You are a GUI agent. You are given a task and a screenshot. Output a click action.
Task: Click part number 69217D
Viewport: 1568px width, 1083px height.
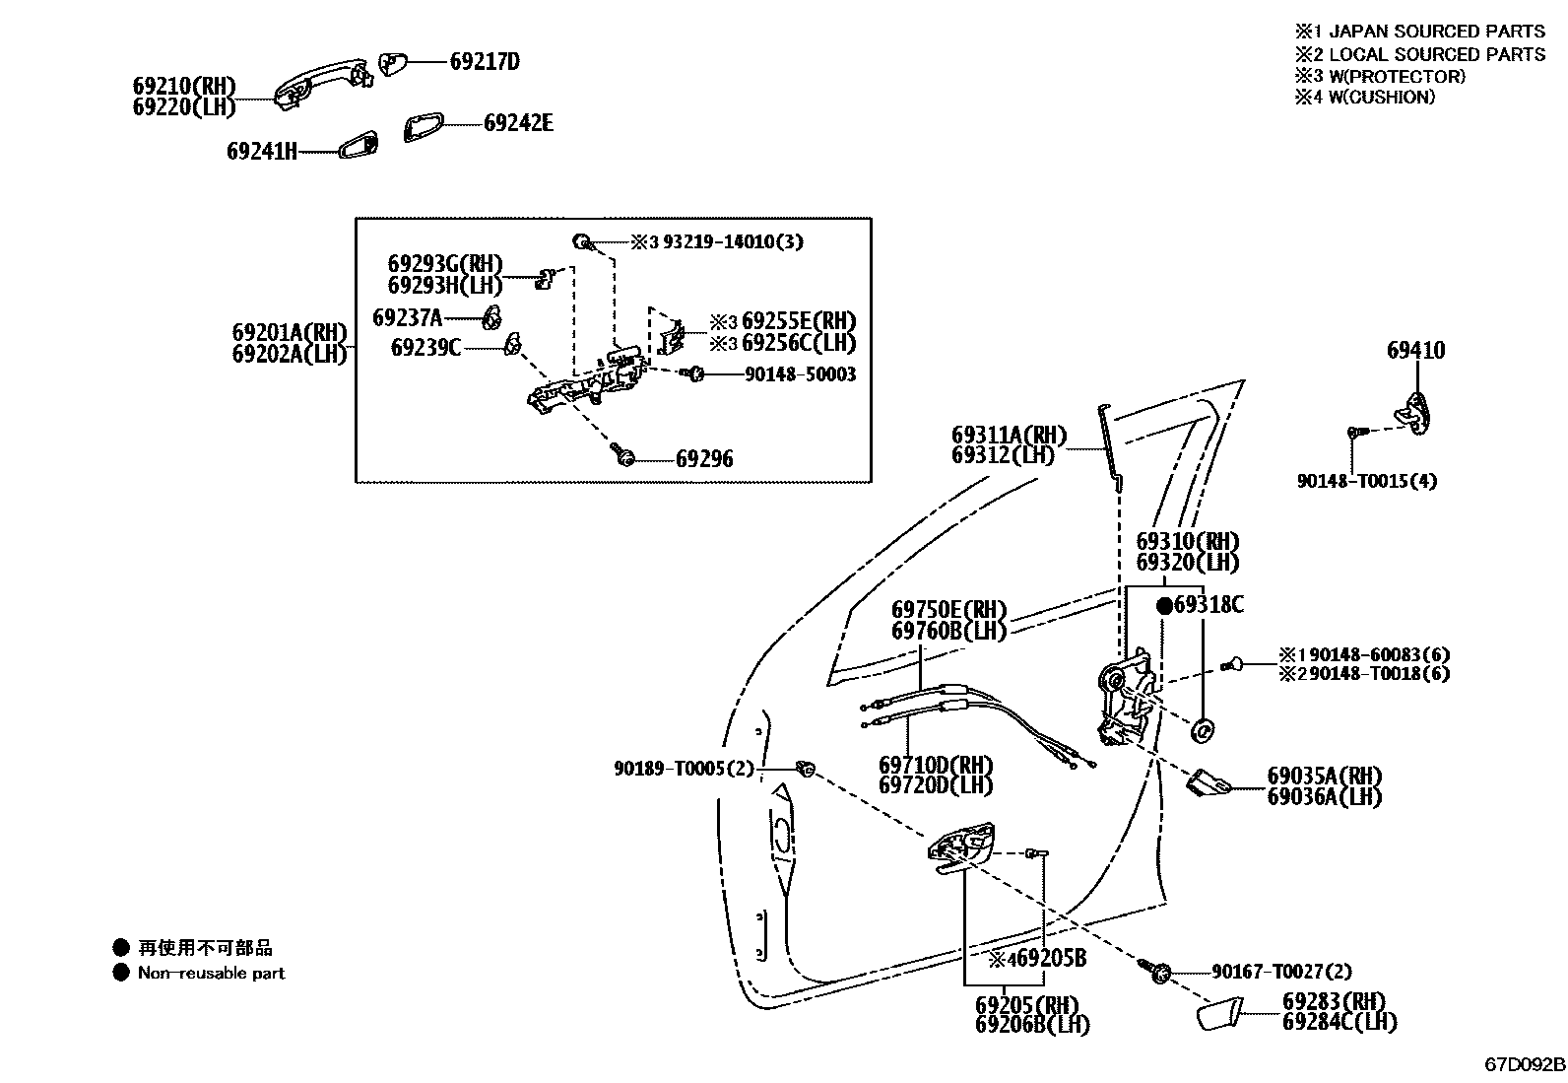(x=485, y=62)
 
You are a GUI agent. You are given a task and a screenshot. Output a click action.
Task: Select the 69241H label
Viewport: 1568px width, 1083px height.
(x=261, y=152)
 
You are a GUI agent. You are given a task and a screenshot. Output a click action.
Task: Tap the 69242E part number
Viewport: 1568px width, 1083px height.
(x=518, y=123)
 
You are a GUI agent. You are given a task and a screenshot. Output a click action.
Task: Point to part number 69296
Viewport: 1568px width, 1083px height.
(x=704, y=459)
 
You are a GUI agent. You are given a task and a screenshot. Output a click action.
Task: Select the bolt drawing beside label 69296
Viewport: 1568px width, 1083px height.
(x=622, y=455)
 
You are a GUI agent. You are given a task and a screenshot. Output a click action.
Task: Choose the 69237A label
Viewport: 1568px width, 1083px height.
(x=408, y=317)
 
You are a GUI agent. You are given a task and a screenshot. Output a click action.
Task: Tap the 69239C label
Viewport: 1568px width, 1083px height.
(x=425, y=347)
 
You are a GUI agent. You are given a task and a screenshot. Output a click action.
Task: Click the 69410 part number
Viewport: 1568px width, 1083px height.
(x=1416, y=351)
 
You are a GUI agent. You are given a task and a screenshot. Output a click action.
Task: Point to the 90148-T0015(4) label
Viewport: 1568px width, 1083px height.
(x=1367, y=482)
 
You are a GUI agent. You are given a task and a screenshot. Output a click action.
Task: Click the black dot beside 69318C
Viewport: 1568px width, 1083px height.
(x=1164, y=605)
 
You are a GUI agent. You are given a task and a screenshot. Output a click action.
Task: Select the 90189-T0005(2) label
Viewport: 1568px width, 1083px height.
(x=684, y=769)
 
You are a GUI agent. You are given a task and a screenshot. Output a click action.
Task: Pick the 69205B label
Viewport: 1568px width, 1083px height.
(x=1044, y=958)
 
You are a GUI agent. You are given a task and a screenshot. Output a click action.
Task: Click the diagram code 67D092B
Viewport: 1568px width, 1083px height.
(x=1525, y=1065)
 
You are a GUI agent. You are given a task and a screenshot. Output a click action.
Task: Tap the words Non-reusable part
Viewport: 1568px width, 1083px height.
(x=211, y=973)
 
